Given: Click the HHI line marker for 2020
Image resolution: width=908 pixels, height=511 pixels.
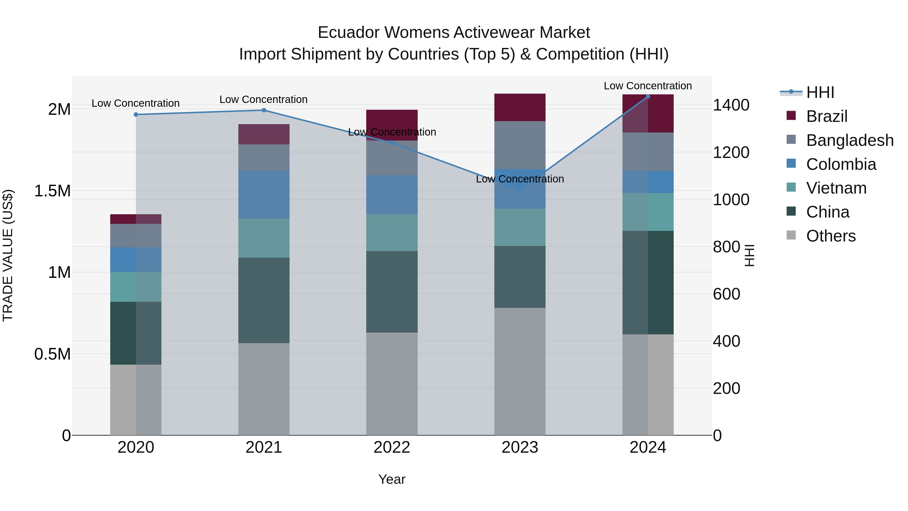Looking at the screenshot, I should pos(136,115).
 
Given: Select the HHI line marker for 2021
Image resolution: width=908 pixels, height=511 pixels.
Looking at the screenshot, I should pos(264,110).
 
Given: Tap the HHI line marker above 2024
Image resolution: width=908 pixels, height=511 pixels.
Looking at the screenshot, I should pos(648,97).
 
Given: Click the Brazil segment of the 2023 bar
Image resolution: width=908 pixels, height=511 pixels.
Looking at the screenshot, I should pos(520,107).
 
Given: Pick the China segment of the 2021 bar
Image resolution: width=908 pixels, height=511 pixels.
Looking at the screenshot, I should pos(264,301).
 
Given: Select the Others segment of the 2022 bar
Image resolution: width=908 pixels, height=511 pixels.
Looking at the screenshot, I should pos(392,384).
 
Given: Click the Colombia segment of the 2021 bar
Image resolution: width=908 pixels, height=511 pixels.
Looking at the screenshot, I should pos(264,195).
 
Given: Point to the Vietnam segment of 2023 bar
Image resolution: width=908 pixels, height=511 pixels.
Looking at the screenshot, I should pos(520,227).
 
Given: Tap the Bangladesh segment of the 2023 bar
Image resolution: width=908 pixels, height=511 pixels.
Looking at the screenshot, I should pos(520,145).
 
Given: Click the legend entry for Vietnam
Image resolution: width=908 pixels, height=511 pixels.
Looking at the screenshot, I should pos(836,188).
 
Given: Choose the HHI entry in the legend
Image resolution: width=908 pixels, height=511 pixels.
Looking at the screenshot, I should pos(820,92).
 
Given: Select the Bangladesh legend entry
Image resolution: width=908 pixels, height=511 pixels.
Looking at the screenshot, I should pos(849,140).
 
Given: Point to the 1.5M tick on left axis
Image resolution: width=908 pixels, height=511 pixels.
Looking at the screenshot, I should pos(52,191).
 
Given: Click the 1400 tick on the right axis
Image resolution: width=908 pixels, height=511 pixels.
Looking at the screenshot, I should pos(731,105).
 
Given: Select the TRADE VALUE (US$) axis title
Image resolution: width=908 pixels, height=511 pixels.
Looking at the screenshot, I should pos(8,255).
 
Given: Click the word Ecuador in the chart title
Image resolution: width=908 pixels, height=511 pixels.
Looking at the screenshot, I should pos(349,33).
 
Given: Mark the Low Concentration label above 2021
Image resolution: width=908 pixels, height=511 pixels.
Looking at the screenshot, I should pos(264,99).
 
